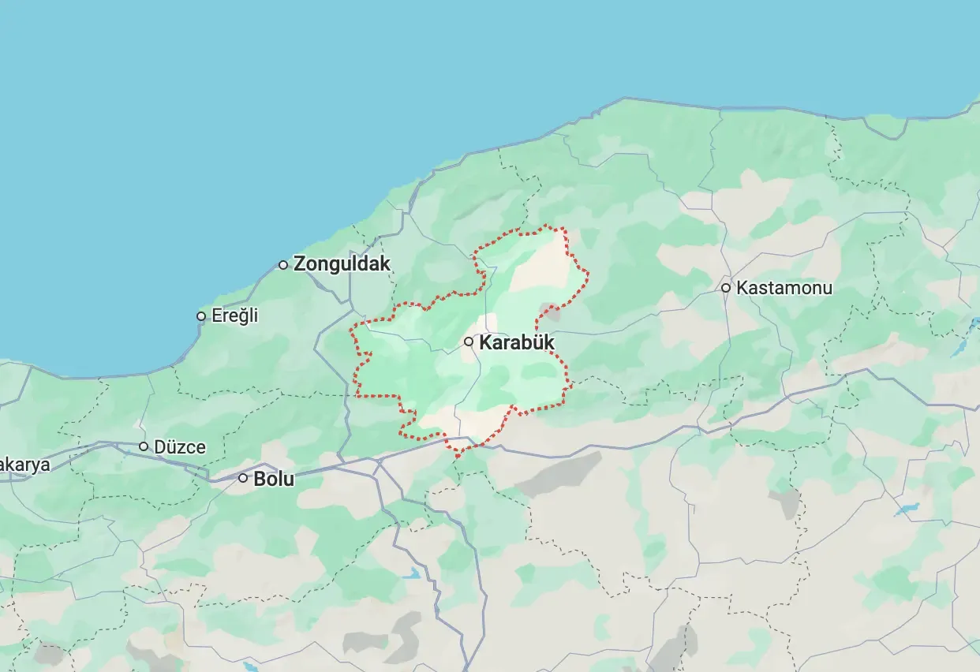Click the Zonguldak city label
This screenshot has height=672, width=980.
pyautogui.click(x=342, y=264)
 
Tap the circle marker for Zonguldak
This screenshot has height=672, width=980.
pyautogui.click(x=283, y=265)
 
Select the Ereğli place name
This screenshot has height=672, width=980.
pyautogui.click(x=234, y=316)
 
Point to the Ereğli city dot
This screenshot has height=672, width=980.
pyautogui.click(x=201, y=316)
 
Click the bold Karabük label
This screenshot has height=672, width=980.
pyautogui.click(x=517, y=343)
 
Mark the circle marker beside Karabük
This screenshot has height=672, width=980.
pyautogui.click(x=469, y=342)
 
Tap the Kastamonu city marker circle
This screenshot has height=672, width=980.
pyautogui.click(x=726, y=288)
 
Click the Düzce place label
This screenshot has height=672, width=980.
pyautogui.click(x=180, y=447)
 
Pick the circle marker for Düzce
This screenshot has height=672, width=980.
pyautogui.click(x=144, y=446)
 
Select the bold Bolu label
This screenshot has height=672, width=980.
pyautogui.click(x=274, y=479)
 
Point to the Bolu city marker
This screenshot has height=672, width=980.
pyautogui.click(x=243, y=478)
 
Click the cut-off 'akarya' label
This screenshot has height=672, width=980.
pyautogui.click(x=24, y=465)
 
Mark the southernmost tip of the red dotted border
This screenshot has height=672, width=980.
pyautogui.click(x=458, y=457)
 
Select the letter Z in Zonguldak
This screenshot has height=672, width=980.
pyautogui.click(x=300, y=264)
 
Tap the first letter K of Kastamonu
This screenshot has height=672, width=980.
pyautogui.click(x=742, y=288)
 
